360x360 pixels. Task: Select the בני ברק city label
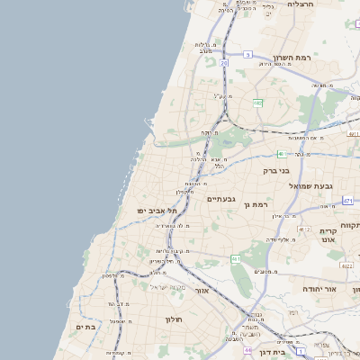(276, 170)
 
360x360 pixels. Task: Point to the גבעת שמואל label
(312, 185)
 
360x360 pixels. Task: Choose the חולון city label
(174, 319)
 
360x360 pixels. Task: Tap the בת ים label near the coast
(85, 328)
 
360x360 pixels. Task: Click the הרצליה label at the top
(300, 4)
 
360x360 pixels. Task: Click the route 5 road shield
(247, 54)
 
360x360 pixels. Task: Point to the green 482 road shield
(257, 103)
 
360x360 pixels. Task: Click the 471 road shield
(347, 200)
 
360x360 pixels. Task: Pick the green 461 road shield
(235, 259)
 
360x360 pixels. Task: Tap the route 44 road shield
(247, 349)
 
